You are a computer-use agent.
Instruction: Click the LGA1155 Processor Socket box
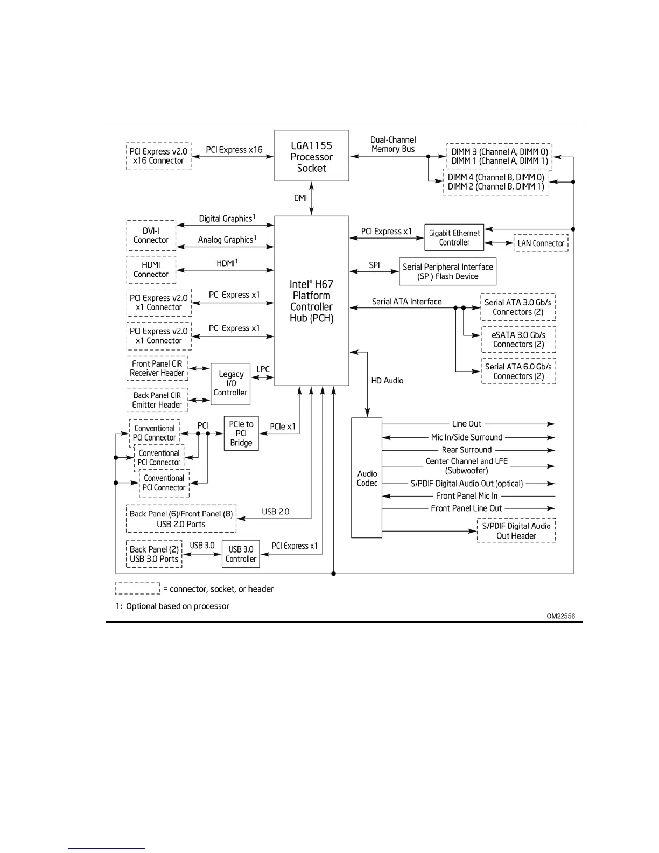[x=311, y=156]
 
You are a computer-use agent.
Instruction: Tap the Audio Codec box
[x=367, y=478]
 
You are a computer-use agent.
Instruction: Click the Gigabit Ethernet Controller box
[x=454, y=237]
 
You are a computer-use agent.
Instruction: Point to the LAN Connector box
[x=541, y=243]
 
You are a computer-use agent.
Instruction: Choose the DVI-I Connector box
[x=151, y=235]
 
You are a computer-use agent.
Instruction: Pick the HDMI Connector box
[x=151, y=269]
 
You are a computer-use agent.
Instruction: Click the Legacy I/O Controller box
[x=230, y=383]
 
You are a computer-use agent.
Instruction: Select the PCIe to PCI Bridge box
[x=241, y=433]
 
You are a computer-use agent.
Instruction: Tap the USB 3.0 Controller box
[x=241, y=554]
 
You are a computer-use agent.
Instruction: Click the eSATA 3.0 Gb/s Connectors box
[x=518, y=339]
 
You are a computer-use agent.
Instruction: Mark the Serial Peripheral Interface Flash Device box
[x=447, y=271]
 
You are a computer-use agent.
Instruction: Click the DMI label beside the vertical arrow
[x=300, y=198]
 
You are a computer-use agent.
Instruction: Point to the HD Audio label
[x=387, y=380]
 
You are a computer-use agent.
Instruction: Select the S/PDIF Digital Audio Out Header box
[x=516, y=530]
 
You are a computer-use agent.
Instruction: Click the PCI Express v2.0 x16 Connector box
[x=158, y=156]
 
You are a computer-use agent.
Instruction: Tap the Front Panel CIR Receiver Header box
[x=157, y=368]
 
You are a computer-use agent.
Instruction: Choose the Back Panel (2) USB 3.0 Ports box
[x=154, y=554]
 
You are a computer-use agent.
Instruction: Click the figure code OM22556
[x=561, y=616]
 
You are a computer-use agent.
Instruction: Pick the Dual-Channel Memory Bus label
[x=393, y=144]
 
